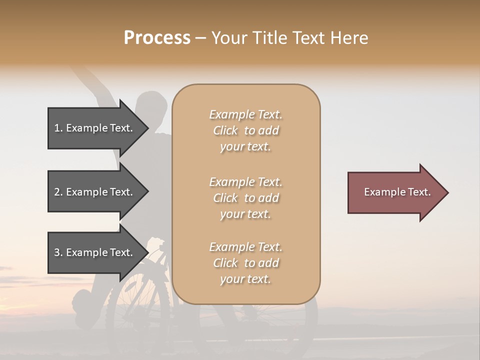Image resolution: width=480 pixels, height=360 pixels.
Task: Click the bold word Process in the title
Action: coord(157,38)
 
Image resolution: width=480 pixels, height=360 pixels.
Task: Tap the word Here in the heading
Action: coord(348,38)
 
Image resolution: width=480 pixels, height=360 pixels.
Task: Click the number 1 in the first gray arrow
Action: coord(57,128)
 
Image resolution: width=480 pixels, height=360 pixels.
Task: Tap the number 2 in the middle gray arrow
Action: coord(57,192)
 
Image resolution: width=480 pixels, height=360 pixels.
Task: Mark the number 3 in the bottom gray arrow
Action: coord(57,252)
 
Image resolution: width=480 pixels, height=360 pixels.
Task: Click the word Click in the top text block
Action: coord(225,131)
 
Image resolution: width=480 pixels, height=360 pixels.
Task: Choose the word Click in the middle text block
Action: coord(225,198)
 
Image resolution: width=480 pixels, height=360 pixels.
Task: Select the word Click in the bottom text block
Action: coord(225,263)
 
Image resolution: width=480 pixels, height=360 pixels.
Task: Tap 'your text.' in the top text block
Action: coord(245,147)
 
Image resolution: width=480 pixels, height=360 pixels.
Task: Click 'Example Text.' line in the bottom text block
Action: coord(245,247)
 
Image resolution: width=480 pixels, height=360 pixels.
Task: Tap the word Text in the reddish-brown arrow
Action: coord(419,192)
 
